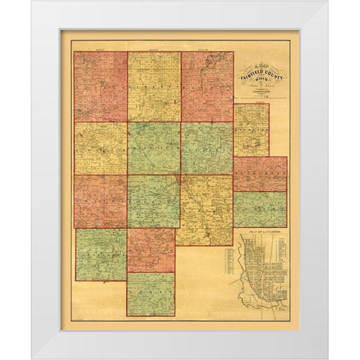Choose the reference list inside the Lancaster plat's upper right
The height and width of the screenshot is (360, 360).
[x=278, y=251]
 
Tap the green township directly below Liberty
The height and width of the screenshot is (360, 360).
[x=154, y=148]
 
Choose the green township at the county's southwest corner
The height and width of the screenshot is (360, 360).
[x=100, y=254]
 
